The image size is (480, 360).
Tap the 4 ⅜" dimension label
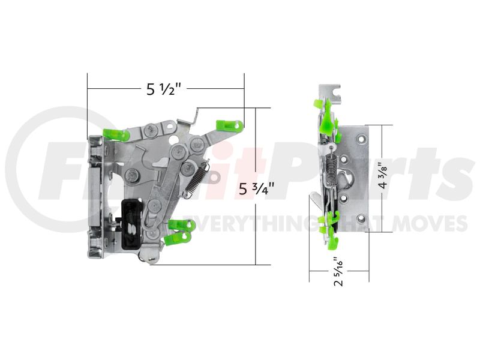click(383, 178)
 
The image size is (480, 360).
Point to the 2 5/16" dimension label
click(339, 272)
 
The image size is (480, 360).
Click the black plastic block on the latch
click(131, 223)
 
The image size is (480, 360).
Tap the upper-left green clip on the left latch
click(116, 134)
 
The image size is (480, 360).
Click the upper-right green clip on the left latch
click(230, 125)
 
